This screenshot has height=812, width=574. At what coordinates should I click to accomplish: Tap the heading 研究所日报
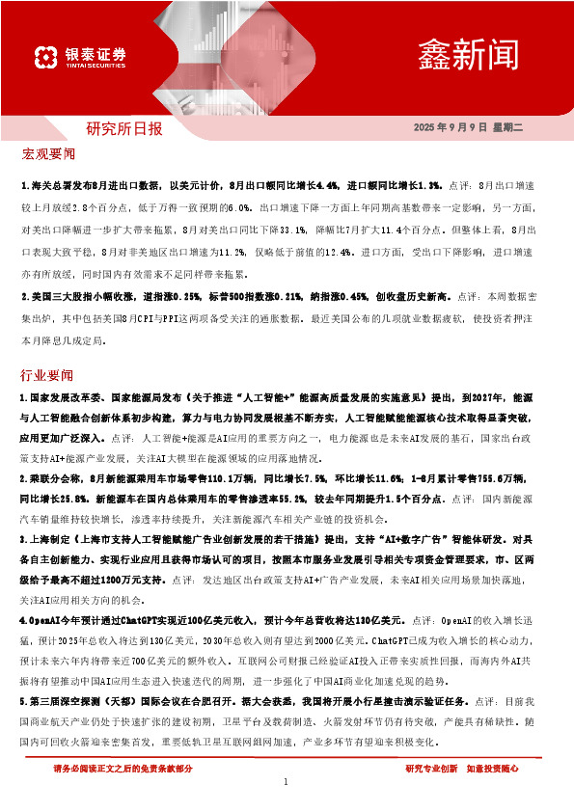coord(124,128)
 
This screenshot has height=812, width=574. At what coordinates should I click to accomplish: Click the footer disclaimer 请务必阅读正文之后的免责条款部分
coord(123,769)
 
